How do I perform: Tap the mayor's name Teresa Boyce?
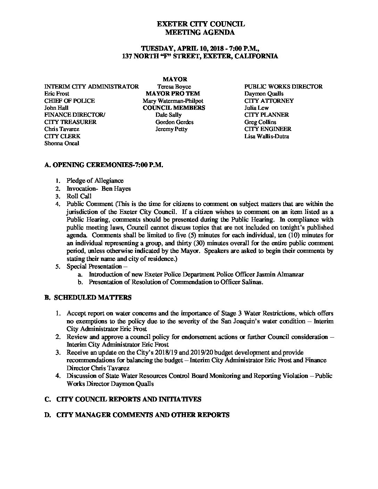[174, 86]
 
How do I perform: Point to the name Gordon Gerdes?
[174, 122]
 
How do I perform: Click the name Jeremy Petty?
[172, 129]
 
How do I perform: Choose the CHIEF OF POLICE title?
[69, 101]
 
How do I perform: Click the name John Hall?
[56, 108]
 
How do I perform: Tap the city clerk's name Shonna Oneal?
[62, 143]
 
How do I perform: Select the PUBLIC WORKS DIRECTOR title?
[283, 86]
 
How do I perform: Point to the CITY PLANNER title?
[266, 115]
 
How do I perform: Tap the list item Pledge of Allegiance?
[95, 181]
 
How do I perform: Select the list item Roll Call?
[79, 196]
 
